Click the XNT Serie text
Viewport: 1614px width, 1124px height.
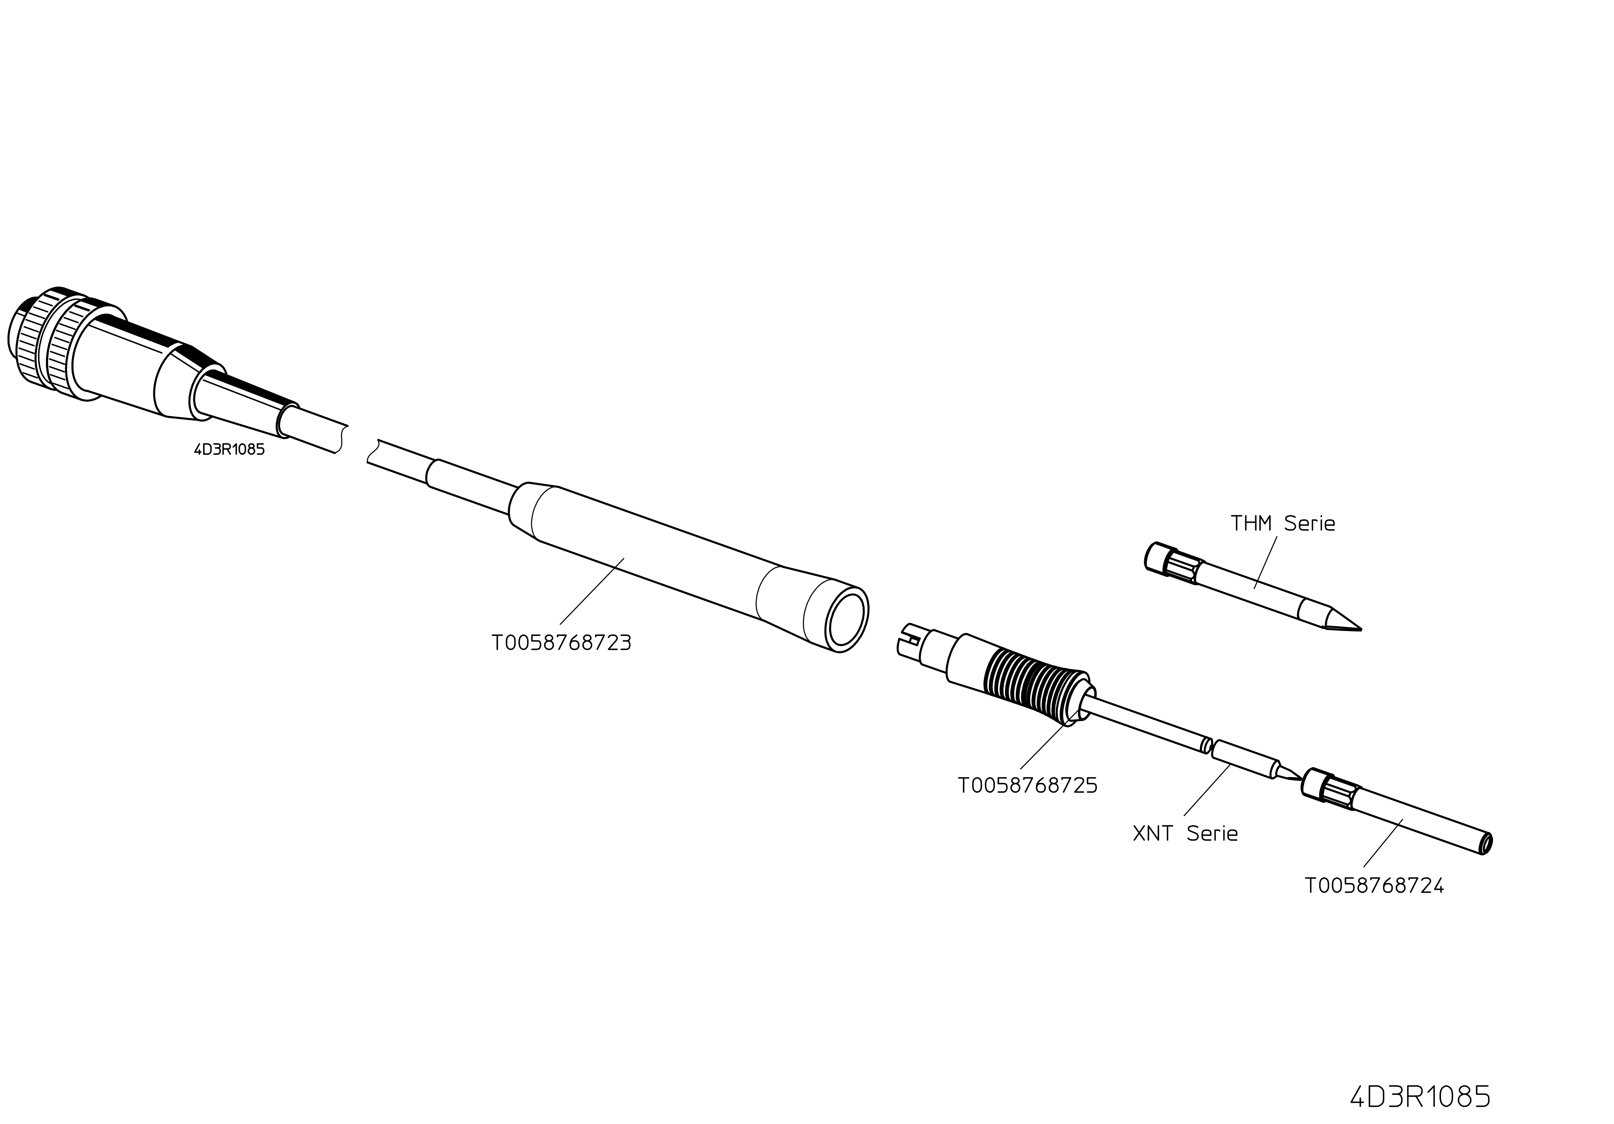click(1185, 834)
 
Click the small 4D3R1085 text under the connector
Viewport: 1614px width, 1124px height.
click(229, 449)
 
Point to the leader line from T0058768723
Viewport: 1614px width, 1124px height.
click(592, 591)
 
